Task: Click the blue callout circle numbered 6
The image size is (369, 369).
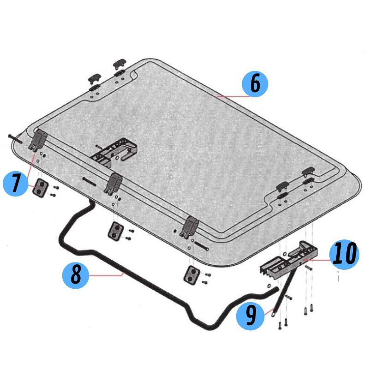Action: point(255,84)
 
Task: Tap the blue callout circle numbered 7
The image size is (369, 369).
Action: point(16,184)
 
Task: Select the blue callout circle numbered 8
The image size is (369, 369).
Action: point(76,275)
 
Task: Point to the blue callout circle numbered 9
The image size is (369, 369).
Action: point(250,316)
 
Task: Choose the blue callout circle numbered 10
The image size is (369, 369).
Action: point(344,255)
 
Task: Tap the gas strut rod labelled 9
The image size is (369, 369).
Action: point(283,292)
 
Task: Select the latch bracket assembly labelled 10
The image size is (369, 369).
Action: point(289,259)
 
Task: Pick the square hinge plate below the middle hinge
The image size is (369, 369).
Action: point(116,231)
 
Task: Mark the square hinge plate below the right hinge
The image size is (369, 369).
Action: point(191,275)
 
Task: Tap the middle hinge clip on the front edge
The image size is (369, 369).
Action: point(113,184)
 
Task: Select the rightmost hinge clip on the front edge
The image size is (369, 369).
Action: point(189,227)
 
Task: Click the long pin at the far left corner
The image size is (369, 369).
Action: point(15,139)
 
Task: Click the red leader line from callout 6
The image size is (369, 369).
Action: point(233,96)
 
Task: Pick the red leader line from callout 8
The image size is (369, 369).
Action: point(106,275)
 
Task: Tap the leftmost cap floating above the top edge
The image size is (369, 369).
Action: point(95,78)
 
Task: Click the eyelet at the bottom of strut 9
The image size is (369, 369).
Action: point(273,314)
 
